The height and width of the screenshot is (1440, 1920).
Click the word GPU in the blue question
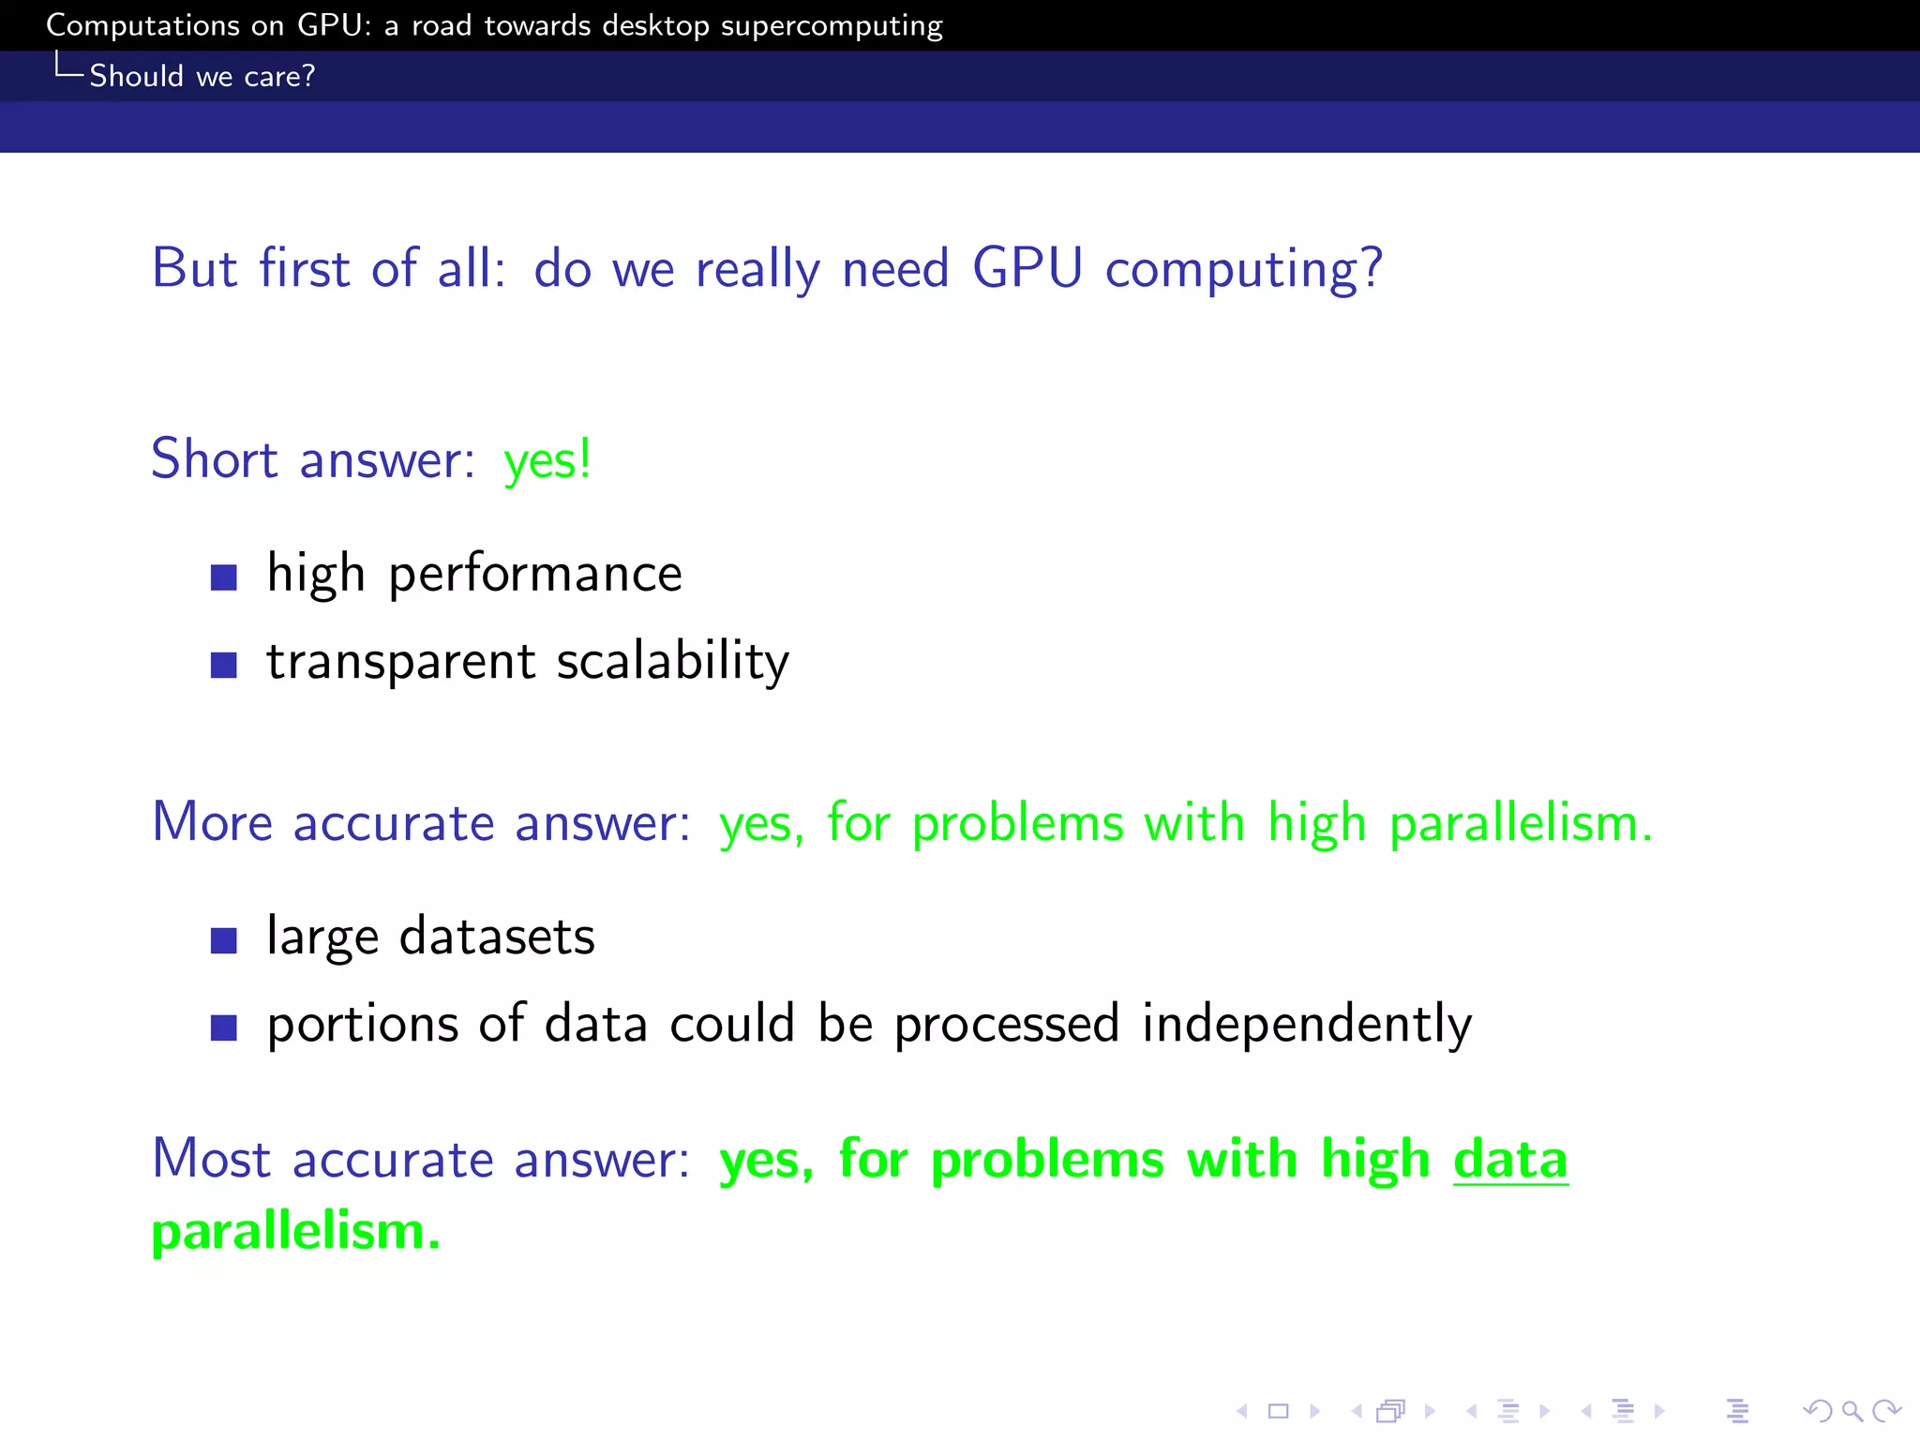(1027, 268)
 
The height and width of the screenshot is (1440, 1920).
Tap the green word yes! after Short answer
(547, 460)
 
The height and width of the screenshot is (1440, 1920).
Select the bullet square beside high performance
(223, 577)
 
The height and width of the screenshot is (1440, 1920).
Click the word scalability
(672, 662)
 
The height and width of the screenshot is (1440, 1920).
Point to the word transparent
(401, 662)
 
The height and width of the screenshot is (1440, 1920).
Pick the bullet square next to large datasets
(223, 939)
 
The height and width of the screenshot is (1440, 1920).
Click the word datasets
(497, 937)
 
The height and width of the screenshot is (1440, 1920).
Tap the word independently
(1306, 1024)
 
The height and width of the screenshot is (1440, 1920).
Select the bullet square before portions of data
(223, 1027)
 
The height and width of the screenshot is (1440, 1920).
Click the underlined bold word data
(1510, 1160)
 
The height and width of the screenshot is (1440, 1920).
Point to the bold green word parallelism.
(295, 1231)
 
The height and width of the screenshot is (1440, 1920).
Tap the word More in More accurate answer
(212, 823)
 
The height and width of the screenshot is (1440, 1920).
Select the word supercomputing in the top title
(832, 26)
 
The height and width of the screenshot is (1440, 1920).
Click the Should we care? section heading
(202, 76)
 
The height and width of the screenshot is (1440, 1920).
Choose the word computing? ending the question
(1243, 270)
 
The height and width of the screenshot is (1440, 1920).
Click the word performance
(535, 575)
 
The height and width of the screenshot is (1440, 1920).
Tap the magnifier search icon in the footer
(1852, 1410)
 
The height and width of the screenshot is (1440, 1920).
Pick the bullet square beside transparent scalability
(223, 665)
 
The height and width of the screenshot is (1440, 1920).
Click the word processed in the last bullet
(1006, 1024)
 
